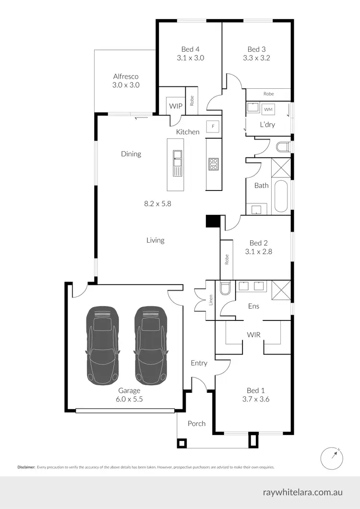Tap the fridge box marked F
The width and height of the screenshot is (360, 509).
[212, 127]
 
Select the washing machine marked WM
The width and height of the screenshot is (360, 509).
[269, 109]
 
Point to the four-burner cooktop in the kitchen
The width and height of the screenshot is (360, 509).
[213, 164]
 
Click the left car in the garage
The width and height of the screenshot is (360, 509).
[102, 345]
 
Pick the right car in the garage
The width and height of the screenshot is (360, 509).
[150, 345]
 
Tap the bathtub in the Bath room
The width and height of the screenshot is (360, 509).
[280, 197]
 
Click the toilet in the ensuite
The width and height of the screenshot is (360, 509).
[225, 289]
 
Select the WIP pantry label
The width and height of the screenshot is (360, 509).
[175, 106]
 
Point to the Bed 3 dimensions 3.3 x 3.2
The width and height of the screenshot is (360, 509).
[256, 58]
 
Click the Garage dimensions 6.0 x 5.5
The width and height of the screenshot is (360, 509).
[129, 399]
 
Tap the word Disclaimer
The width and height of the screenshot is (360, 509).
[26, 466]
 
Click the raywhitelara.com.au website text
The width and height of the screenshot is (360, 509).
[303, 492]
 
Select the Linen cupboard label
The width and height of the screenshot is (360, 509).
[210, 301]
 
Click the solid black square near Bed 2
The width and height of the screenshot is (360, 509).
[212, 221]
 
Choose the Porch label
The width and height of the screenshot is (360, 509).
[196, 424]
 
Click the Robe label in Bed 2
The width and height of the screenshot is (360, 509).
[227, 260]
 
